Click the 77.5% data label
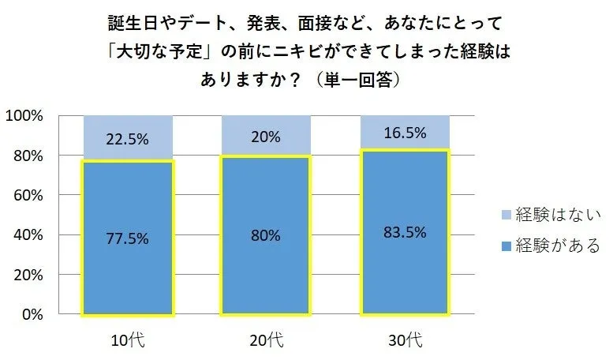pos(127,235)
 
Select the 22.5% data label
pos(127,139)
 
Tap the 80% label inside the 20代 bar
pos(265,234)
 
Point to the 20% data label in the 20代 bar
pos(265,137)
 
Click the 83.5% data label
pos(405,232)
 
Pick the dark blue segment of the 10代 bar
pos(127,268)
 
